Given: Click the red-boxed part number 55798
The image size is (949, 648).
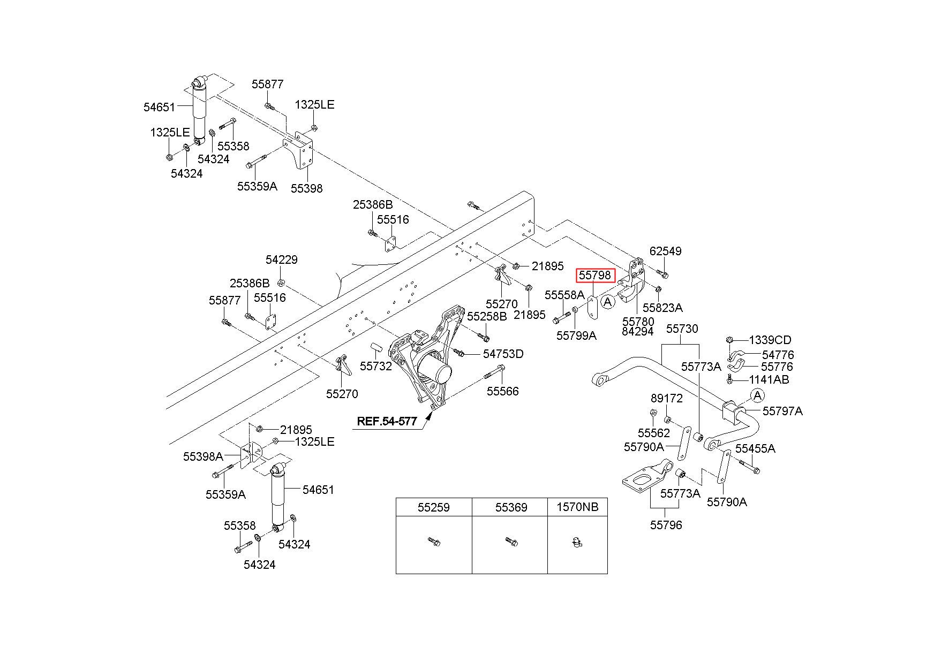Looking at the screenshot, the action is tap(594, 276).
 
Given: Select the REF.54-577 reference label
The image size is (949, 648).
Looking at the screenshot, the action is tap(387, 421).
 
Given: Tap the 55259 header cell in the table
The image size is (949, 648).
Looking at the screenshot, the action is tap(434, 507).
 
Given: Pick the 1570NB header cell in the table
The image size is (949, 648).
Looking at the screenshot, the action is tap(577, 507).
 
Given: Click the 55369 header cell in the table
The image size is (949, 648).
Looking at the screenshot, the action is tap(510, 507).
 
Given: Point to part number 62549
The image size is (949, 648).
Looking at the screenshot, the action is tap(665, 251).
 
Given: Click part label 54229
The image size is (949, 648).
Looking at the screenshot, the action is tap(282, 260).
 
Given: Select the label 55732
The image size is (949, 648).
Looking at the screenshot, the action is tap(376, 366).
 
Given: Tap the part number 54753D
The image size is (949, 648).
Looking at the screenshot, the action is tap(503, 354).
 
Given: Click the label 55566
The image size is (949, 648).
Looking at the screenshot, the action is tap(502, 391).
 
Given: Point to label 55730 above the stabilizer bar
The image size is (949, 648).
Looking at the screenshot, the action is tap(682, 329).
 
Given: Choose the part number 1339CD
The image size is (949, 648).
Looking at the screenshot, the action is tap(770, 340).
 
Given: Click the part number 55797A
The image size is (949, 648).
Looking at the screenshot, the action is tap(782, 411).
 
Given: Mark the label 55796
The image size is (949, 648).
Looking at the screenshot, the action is tap(666, 525).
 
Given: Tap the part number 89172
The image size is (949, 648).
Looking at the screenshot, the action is tap(667, 398).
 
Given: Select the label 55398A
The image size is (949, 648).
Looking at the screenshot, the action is tap(203, 456).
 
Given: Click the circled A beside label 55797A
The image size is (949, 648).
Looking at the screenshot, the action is tap(757, 395).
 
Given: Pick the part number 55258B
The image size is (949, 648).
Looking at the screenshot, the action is tap(487, 316).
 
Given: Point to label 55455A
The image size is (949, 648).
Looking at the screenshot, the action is tap(755, 448).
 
